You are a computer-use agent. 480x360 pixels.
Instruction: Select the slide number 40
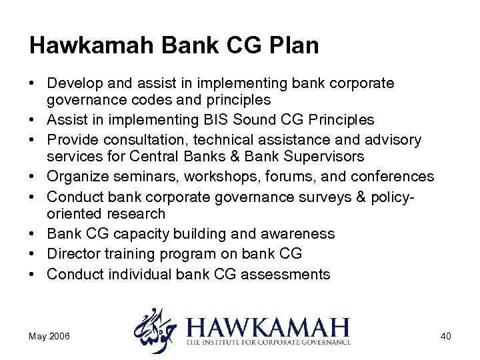tap(445, 336)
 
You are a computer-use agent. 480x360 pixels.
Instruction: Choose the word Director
tap(72, 254)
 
